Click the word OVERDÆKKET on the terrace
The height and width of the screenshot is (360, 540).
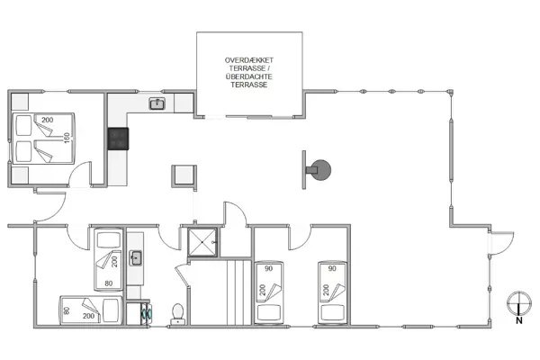pyautogui.click(x=250, y=59)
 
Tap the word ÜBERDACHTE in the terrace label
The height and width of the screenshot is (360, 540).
pyautogui.click(x=250, y=76)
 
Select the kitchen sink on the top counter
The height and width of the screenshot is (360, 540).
pyautogui.click(x=156, y=104)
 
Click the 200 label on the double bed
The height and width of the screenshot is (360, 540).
pyautogui.click(x=47, y=120)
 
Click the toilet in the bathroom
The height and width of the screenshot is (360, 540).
pyautogui.click(x=178, y=312)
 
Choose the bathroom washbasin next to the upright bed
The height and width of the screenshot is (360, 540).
pyautogui.click(x=138, y=259)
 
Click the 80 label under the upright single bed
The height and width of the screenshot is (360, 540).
pyautogui.click(x=110, y=284)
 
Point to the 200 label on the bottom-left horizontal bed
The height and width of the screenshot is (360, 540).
pyautogui.click(x=89, y=317)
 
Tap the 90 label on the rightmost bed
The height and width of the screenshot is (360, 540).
pyautogui.click(x=332, y=268)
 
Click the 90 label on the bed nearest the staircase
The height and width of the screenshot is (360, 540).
pyautogui.click(x=268, y=268)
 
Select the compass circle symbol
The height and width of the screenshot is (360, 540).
pyautogui.click(x=518, y=302)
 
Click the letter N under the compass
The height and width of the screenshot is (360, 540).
pyautogui.click(x=518, y=318)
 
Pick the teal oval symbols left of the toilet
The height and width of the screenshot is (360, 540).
pyautogui.click(x=148, y=314)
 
